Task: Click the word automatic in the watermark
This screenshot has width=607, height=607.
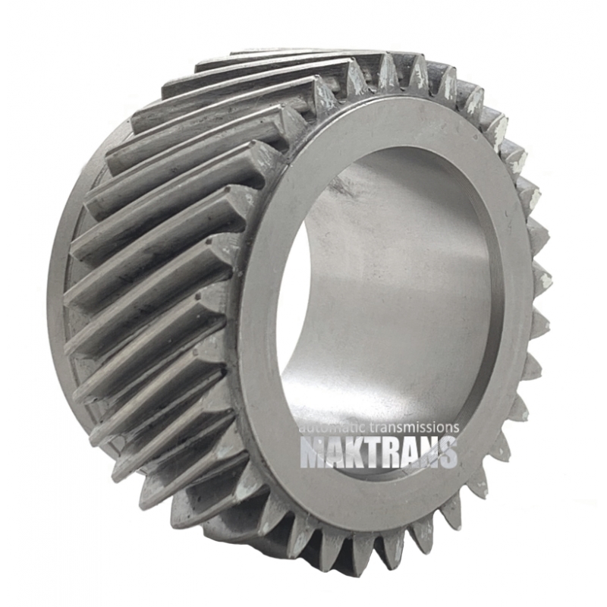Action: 329,427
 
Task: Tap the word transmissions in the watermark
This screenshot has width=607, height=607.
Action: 410,427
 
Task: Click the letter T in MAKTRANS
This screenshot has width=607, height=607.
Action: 375,451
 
